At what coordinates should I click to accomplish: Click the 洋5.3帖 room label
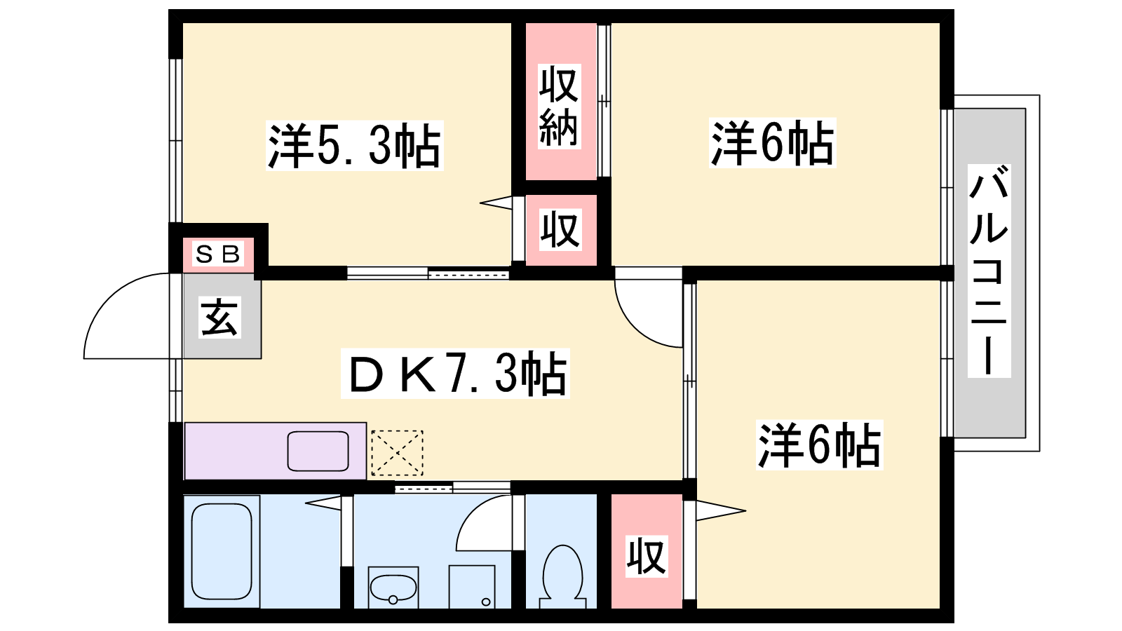[355, 146]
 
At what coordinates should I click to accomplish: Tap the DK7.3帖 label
[455, 374]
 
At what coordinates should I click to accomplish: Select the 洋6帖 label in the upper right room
[772, 143]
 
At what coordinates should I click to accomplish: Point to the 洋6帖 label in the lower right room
[819, 445]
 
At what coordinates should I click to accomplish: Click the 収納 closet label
[560, 106]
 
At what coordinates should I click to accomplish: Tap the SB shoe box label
[218, 255]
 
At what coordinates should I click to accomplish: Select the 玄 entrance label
[219, 317]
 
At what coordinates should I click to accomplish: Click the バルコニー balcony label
[989, 271]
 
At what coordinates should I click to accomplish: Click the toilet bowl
[562, 576]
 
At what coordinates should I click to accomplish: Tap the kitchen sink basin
[318, 452]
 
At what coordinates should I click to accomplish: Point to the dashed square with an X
[397, 453]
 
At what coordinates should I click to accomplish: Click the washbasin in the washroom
[393, 588]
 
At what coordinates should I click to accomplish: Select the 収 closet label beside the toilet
[647, 556]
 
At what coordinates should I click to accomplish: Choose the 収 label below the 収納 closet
[560, 230]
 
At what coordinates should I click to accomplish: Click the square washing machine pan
[472, 587]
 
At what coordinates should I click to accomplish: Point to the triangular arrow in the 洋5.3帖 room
[496, 203]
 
